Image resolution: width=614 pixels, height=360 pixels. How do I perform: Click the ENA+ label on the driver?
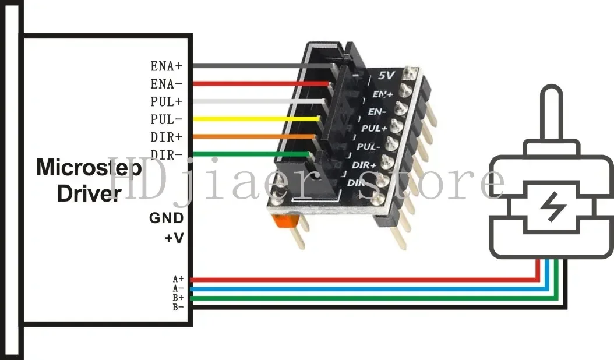(166, 66)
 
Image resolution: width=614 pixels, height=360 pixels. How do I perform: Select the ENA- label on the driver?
(166, 83)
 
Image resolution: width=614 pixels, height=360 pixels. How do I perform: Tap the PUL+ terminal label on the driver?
(166, 101)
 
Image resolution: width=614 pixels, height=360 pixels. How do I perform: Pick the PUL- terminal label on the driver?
(166, 119)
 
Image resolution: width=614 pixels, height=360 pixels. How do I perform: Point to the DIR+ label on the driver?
(166, 137)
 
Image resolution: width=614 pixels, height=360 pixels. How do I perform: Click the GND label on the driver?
(167, 218)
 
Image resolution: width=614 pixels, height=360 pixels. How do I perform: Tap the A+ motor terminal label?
(178, 280)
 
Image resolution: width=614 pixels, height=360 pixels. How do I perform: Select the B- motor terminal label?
(178, 307)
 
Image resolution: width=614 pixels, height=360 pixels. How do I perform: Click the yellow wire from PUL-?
(256, 119)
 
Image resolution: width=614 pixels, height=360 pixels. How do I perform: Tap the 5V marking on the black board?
(386, 75)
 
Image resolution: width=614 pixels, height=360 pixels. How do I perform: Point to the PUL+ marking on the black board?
(374, 127)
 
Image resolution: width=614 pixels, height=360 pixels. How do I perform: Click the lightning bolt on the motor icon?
(549, 204)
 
